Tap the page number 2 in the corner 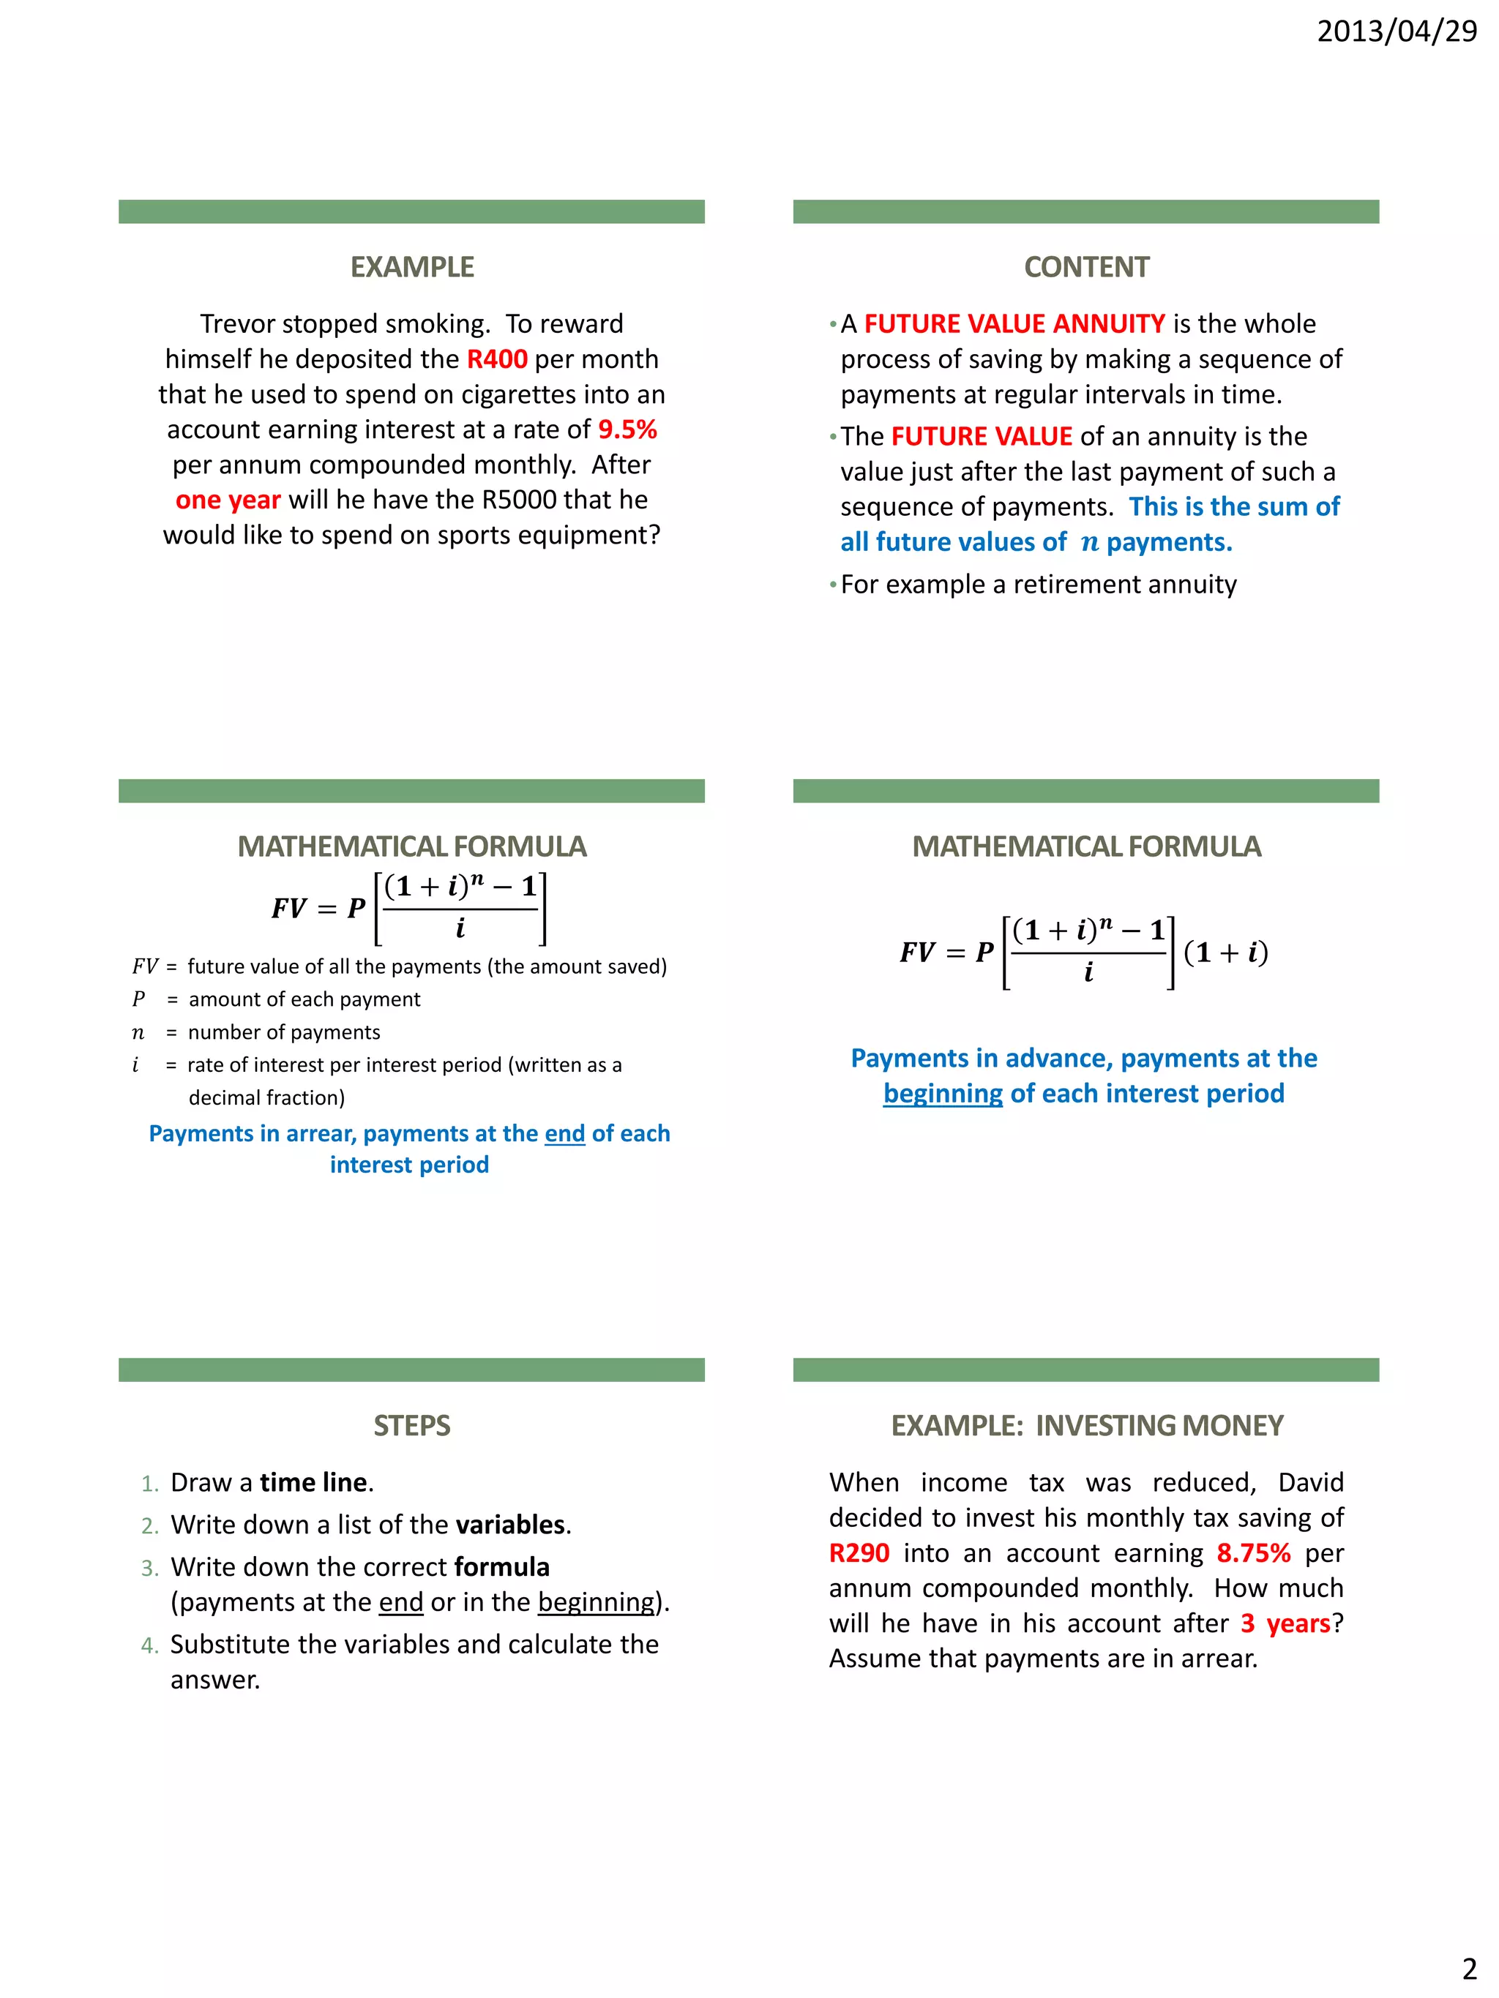pyautogui.click(x=1469, y=1968)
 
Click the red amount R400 pyautogui.click(x=496, y=359)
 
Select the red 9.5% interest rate pyautogui.click(x=627, y=430)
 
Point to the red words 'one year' pyautogui.click(x=228, y=500)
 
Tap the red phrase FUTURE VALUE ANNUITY pyautogui.click(x=1014, y=324)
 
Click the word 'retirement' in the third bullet pyautogui.click(x=1063, y=585)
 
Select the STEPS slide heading pyautogui.click(x=412, y=1425)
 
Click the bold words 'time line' pyautogui.click(x=313, y=1483)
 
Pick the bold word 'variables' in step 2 pyautogui.click(x=509, y=1525)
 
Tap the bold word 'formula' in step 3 pyautogui.click(x=501, y=1567)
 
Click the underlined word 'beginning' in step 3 pyautogui.click(x=596, y=1602)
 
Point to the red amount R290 pyautogui.click(x=859, y=1554)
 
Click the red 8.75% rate pyautogui.click(x=1252, y=1554)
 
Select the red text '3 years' pyautogui.click(x=1285, y=1624)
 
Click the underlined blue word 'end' pyautogui.click(x=565, y=1135)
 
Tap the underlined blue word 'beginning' pyautogui.click(x=943, y=1094)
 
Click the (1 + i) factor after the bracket pyautogui.click(x=1225, y=953)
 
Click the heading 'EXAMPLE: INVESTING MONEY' pyautogui.click(x=1086, y=1425)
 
